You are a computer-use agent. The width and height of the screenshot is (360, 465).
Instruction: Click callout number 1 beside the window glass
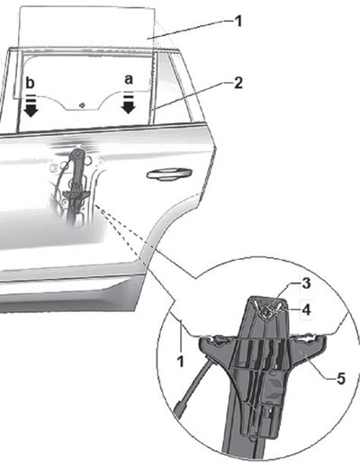coord(238,22)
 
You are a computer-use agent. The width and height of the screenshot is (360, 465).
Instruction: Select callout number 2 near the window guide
coord(238,83)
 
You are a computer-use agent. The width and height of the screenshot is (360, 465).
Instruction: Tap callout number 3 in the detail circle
coord(306,283)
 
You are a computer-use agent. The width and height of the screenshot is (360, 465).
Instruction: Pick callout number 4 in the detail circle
coord(306,309)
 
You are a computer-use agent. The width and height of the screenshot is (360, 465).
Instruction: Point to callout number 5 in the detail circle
coord(341,379)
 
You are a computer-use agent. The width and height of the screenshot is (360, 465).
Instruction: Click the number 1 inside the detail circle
coord(180,362)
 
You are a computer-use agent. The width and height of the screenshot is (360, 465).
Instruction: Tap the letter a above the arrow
coord(129,79)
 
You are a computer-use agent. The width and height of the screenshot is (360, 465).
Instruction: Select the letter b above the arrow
coord(30,83)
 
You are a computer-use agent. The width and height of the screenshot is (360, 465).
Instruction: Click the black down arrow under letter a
coord(129,105)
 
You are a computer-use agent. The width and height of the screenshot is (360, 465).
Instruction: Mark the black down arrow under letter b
coord(31,107)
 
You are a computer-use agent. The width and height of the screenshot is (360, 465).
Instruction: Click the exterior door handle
coord(169,174)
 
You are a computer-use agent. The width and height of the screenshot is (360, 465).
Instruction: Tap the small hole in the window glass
coord(82,105)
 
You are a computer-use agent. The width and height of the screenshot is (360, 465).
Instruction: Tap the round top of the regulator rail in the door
coord(77,154)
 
